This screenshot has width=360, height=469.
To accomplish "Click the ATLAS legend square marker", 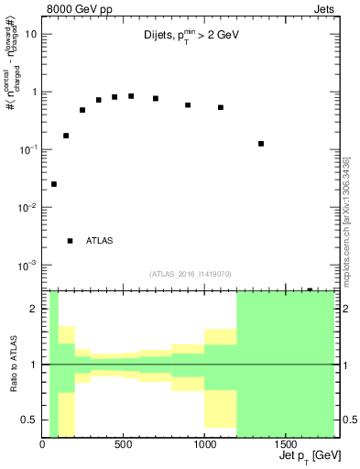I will [x=71, y=241].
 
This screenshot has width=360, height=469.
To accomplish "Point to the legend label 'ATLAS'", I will [x=100, y=241].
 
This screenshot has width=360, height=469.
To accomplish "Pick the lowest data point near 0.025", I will [x=54, y=184].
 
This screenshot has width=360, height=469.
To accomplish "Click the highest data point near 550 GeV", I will [x=131, y=96].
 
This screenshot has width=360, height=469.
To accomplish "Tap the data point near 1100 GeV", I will [x=221, y=107].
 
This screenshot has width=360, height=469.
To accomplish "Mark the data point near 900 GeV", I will [x=188, y=105].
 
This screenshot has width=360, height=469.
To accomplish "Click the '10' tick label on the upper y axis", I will [x=30, y=34].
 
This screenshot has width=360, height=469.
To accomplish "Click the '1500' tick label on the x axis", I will [x=286, y=446].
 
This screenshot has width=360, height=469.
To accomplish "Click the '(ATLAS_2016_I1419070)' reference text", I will [x=191, y=273].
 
